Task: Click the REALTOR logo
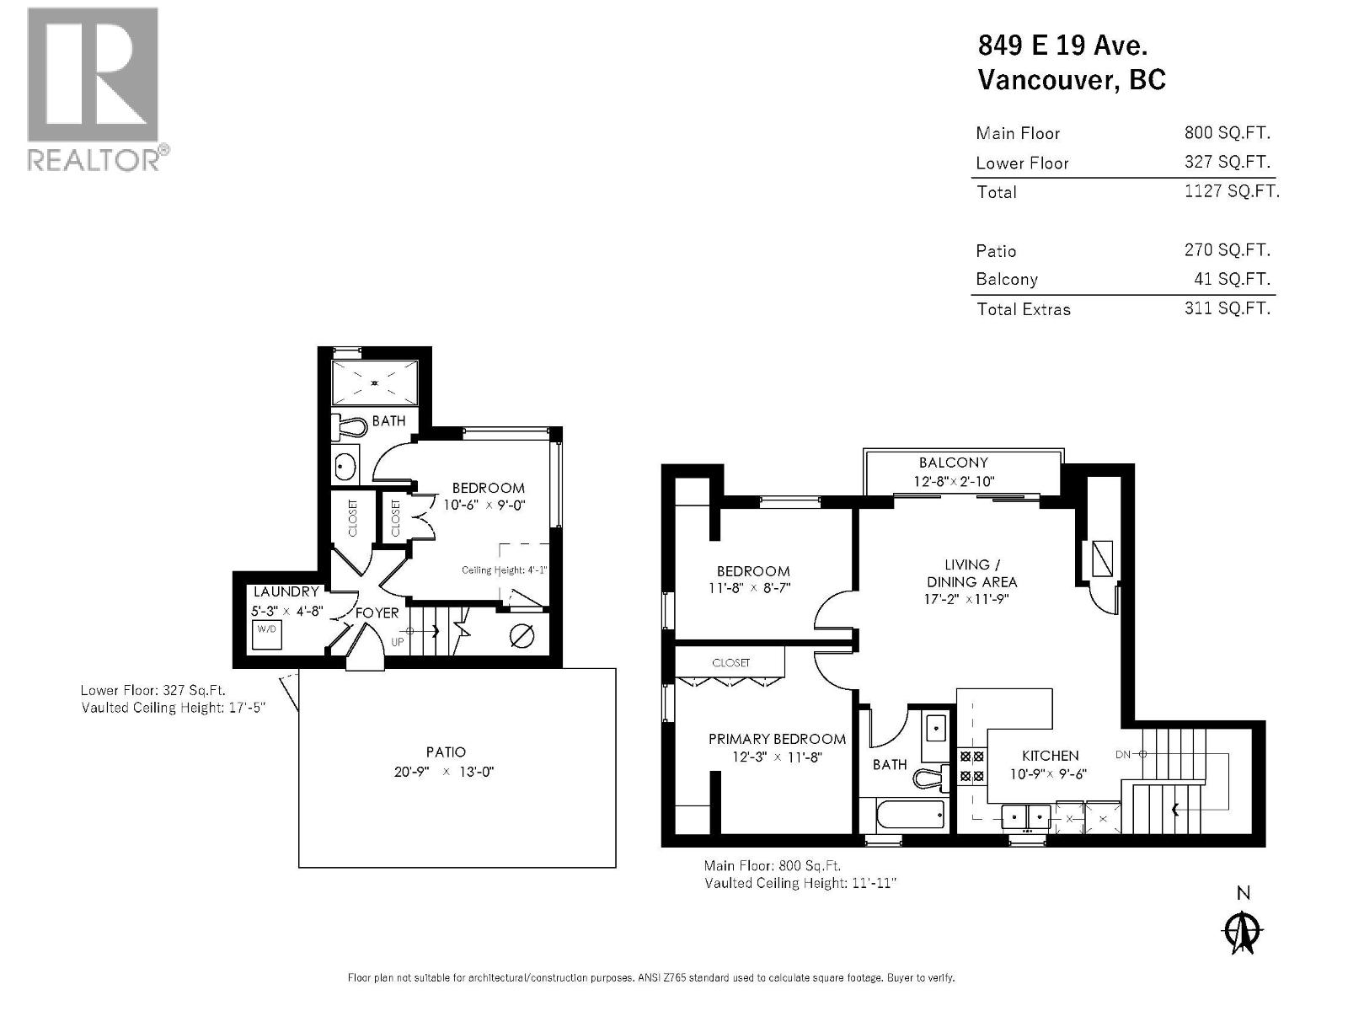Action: click(x=93, y=88)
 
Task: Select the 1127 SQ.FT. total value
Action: click(x=1231, y=191)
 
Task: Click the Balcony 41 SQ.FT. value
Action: click(x=1227, y=279)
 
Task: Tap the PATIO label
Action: click(x=446, y=752)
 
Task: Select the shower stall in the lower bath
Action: click(x=374, y=383)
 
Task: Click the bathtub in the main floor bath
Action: click(x=911, y=815)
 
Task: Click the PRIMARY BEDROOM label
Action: click(x=777, y=739)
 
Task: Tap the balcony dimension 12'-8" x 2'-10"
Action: click(x=954, y=482)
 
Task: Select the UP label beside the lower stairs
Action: click(x=398, y=642)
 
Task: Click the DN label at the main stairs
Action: click(x=1122, y=754)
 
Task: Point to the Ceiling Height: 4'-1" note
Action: click(x=504, y=570)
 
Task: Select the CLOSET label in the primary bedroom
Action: click(x=730, y=663)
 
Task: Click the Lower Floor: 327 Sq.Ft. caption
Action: click(x=152, y=689)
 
